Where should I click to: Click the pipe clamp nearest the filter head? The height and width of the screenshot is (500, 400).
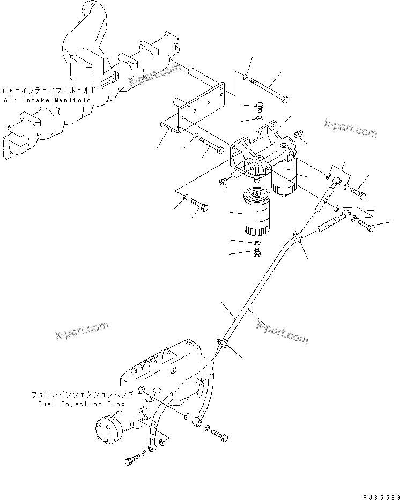point(298,236)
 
